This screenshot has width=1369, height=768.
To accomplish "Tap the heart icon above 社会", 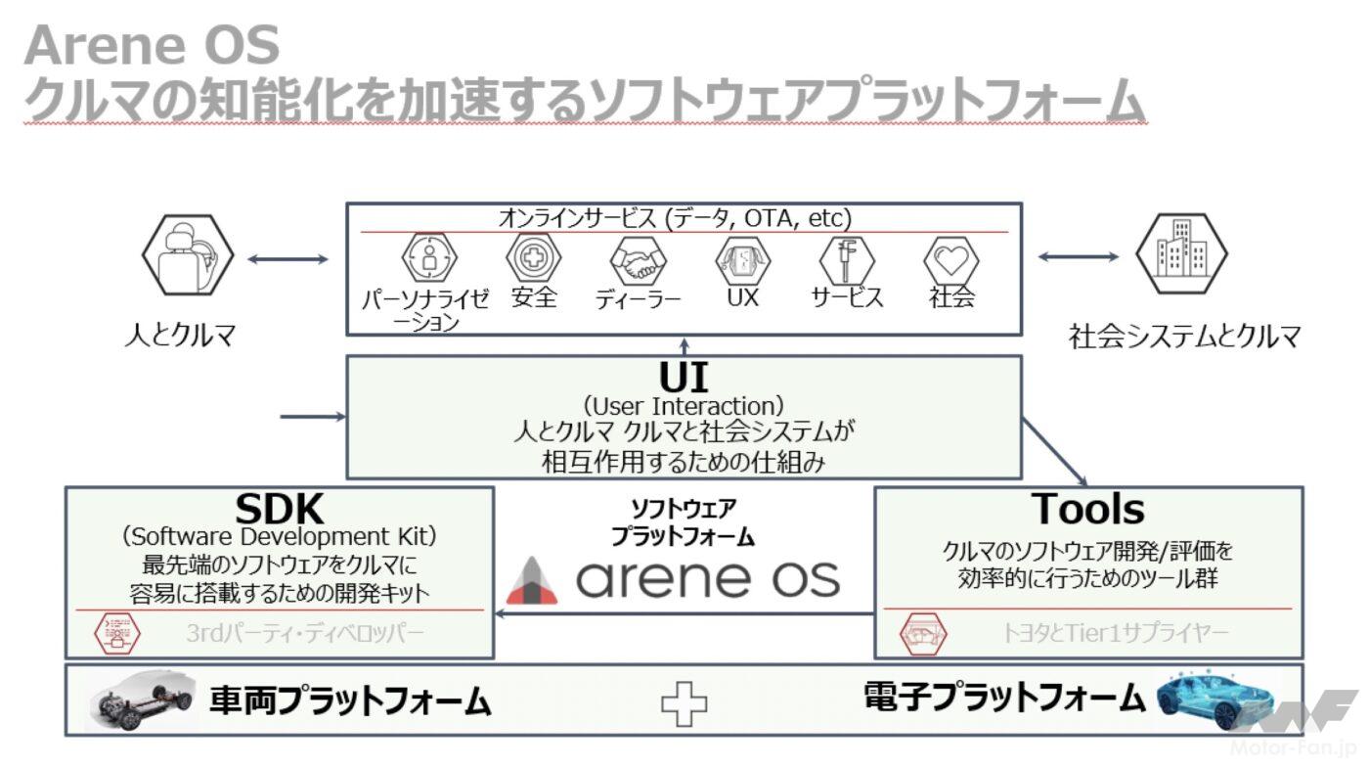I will click(951, 259).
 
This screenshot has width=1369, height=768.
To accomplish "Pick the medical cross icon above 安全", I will click(534, 258).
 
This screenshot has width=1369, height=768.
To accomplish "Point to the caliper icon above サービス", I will click(847, 260).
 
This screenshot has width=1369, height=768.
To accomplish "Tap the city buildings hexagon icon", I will click(1181, 253).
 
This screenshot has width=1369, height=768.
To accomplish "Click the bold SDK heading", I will click(279, 509).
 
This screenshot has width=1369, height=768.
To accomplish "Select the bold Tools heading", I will click(1087, 509).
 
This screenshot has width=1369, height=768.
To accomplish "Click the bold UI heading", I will click(684, 378).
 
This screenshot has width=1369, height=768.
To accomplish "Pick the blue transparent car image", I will click(1215, 698).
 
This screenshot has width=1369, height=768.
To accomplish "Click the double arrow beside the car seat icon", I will click(287, 259).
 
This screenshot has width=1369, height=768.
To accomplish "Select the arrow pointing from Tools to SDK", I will click(684, 614).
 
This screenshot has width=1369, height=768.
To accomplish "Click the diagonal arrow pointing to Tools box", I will click(1055, 452).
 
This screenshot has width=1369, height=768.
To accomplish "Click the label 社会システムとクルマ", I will click(1184, 337).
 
